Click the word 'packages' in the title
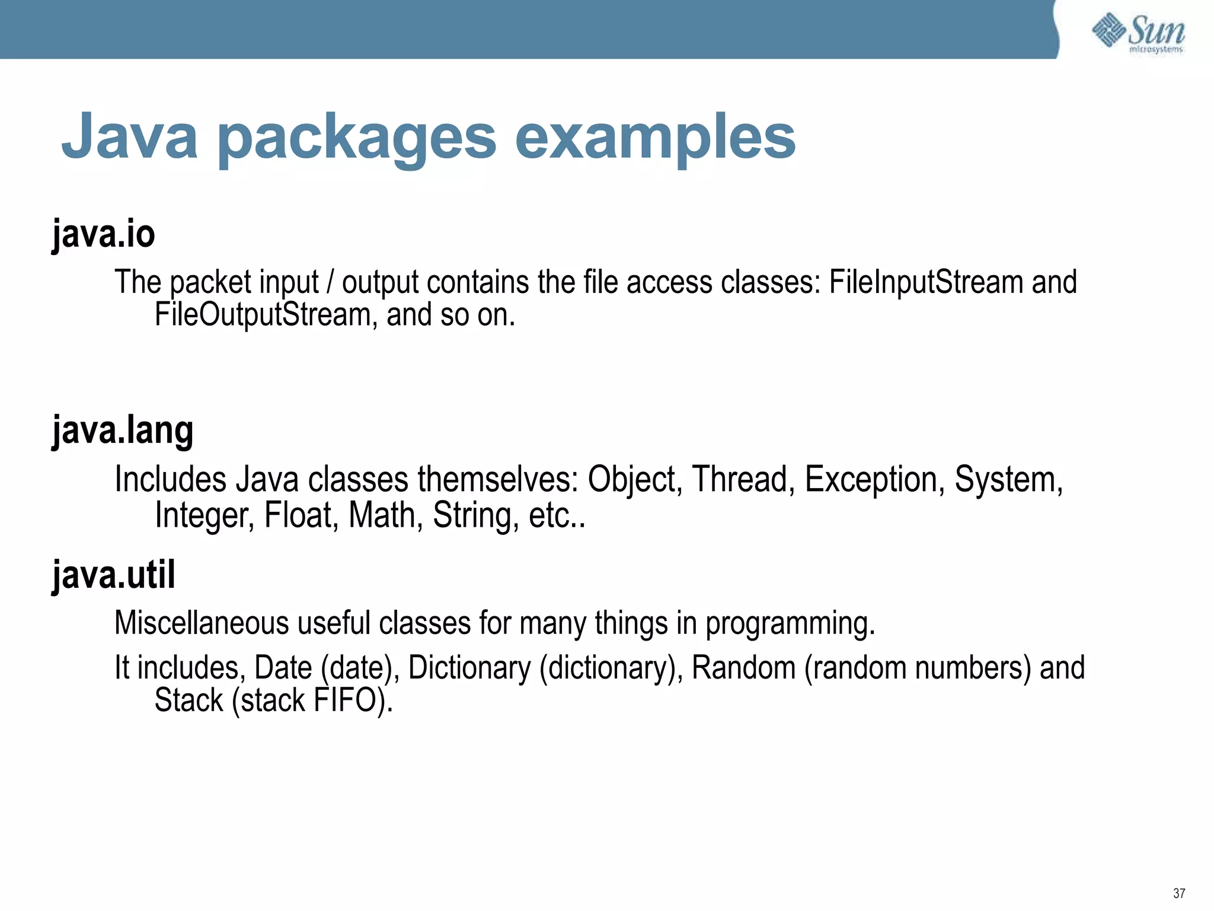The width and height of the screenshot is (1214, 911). (x=357, y=138)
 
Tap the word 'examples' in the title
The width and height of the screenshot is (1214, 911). (x=655, y=138)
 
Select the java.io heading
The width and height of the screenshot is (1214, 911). (x=104, y=234)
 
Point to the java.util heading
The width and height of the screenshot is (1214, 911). (x=114, y=575)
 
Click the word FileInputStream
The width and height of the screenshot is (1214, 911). (x=925, y=282)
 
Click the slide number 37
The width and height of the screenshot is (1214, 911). (x=1178, y=893)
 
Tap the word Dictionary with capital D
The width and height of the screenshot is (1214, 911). (x=469, y=668)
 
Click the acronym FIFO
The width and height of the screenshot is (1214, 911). (x=349, y=700)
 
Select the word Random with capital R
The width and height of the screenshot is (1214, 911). (x=743, y=668)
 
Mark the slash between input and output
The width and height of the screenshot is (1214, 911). (x=330, y=282)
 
